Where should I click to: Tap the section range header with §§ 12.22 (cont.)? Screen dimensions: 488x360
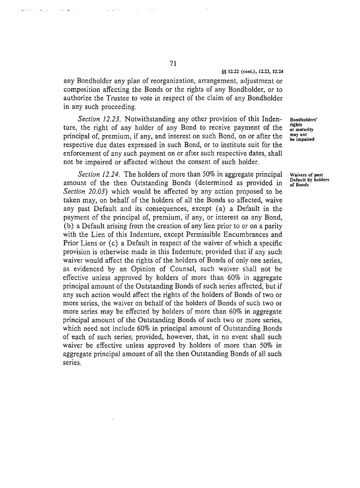click(x=252, y=72)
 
